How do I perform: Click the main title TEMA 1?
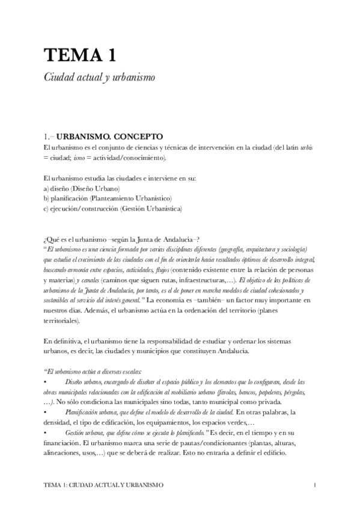[79, 55]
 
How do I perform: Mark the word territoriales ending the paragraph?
[62, 321]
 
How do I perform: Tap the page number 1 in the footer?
[316, 484]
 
